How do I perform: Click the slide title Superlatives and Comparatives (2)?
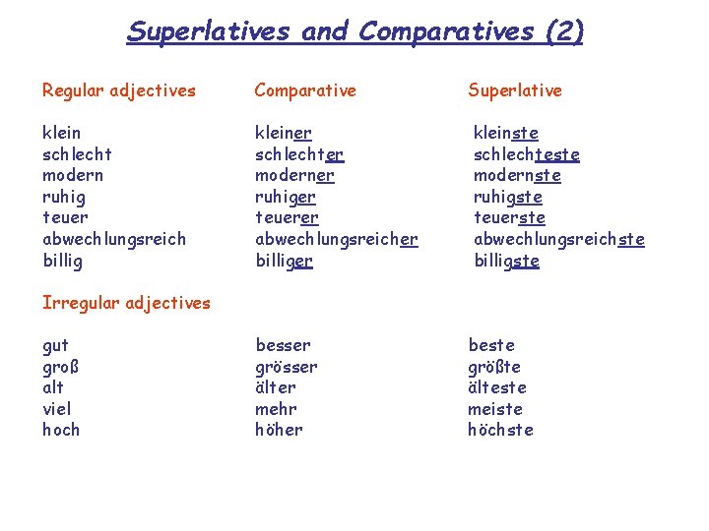354,31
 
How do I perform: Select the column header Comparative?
305,90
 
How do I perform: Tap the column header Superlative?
514,90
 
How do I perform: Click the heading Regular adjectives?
119,90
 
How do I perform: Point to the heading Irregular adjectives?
126,303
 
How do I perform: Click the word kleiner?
284,133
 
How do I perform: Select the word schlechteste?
526,154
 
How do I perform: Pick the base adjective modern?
73,175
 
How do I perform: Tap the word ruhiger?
286,197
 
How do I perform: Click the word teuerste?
509,218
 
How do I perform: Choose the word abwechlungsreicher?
337,239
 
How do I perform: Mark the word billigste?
506,261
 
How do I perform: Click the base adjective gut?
56,345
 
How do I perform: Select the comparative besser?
283,345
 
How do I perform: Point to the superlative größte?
494,367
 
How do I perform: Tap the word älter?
276,387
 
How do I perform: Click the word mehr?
276,409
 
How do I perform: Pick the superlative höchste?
500,430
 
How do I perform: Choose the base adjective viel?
57,409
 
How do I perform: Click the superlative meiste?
495,409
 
